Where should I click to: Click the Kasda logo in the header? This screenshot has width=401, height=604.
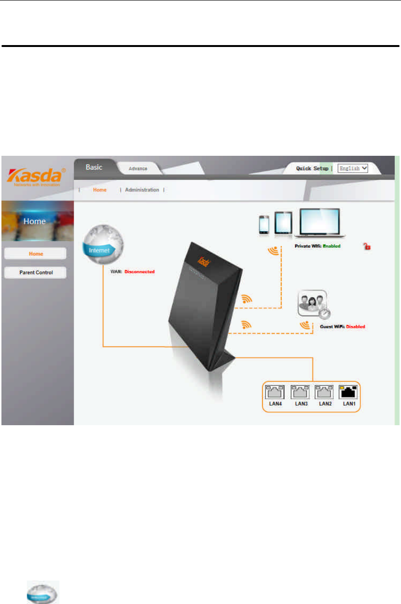click(36, 176)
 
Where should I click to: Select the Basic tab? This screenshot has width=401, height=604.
click(93, 167)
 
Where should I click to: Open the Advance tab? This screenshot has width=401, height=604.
click(138, 169)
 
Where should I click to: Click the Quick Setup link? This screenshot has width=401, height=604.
click(312, 168)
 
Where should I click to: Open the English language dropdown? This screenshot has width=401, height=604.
click(353, 168)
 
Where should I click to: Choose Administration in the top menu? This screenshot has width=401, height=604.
click(142, 190)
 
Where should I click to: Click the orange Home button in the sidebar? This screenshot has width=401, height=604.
click(35, 254)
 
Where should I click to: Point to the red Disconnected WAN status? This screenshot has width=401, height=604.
click(140, 272)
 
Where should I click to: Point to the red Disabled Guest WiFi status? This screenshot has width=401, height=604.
click(355, 327)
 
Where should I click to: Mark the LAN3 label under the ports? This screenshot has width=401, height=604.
click(301, 405)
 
